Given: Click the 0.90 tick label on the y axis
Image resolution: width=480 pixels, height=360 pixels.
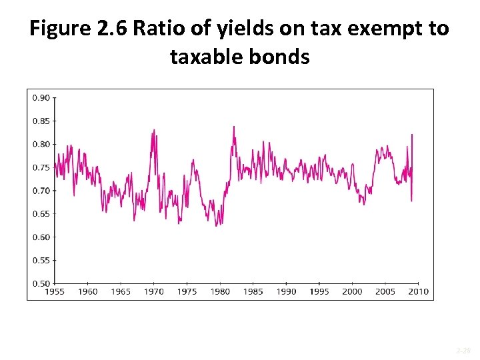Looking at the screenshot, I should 41,98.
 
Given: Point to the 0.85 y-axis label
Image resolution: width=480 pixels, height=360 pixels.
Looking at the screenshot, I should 41,121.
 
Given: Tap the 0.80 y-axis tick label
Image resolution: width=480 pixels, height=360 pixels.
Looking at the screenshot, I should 41,144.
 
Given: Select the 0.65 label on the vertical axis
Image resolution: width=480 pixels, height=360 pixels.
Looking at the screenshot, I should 41,214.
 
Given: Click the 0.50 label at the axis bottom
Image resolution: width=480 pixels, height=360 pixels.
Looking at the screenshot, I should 41,283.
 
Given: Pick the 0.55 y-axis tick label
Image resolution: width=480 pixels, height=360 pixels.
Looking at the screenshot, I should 41,261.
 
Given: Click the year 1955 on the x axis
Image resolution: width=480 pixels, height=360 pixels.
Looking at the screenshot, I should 55,292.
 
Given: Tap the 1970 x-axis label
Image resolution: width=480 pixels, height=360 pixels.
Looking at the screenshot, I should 154,292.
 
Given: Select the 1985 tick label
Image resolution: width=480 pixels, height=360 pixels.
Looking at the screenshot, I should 253,292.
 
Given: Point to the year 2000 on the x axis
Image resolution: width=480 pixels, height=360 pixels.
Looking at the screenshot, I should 352,292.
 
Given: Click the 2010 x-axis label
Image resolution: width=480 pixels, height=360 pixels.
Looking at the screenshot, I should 418,292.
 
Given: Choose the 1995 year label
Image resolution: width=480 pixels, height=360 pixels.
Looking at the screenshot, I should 319,292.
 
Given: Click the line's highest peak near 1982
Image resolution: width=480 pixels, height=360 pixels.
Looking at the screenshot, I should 233,127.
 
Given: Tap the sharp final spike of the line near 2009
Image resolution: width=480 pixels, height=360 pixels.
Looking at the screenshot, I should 412,135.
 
